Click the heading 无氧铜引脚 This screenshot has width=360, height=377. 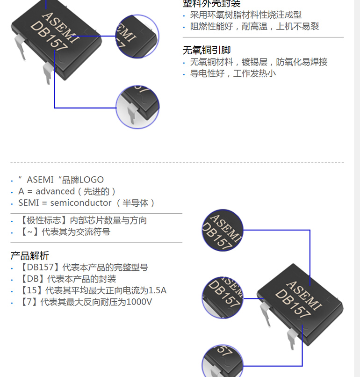point(206,51)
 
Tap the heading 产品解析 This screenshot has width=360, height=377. point(29,255)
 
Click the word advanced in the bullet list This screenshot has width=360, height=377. point(55,191)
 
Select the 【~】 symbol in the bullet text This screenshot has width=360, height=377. point(29,232)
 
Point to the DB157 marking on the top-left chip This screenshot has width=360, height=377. point(49,36)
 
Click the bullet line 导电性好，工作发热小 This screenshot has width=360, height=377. point(232,73)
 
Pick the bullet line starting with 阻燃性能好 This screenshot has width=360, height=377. point(254,27)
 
